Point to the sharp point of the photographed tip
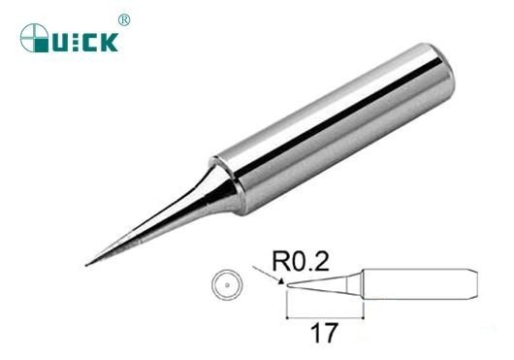86,263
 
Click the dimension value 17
324,334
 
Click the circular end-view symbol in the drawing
225,285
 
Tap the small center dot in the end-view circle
225,285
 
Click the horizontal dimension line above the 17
324,317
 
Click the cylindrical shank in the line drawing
417,285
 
